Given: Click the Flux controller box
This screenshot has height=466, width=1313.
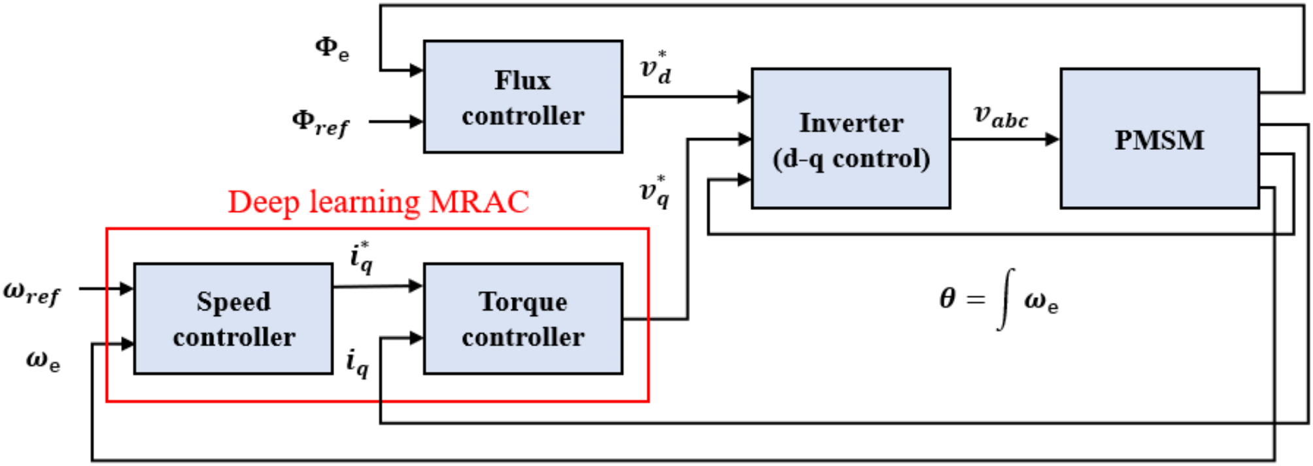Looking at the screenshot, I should [x=522, y=97].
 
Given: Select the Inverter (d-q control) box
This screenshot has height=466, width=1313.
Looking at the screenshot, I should [x=850, y=139].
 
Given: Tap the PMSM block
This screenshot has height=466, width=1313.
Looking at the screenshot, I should [x=1159, y=139].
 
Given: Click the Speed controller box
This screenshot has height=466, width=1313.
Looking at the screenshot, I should [x=233, y=319].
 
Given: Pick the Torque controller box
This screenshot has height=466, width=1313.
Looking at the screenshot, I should [x=522, y=319].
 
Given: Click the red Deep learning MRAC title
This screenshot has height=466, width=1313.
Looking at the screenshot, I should [x=378, y=202].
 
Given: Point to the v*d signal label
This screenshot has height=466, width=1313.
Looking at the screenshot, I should [x=655, y=67].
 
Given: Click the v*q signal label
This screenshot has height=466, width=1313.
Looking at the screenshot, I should [x=655, y=191].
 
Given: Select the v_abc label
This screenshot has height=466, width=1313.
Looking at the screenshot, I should [x=1000, y=116].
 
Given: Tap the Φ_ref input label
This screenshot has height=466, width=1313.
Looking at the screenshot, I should [x=320, y=122].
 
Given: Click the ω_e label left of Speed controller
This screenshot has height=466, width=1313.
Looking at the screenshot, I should [x=43, y=360].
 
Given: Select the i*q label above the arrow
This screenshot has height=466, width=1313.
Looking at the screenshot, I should [x=362, y=257].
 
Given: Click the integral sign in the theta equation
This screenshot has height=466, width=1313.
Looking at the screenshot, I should [x=1006, y=299].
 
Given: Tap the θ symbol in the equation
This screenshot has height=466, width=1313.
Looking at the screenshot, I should [x=947, y=298].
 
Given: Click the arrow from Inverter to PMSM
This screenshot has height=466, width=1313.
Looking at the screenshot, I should [x=1004, y=139].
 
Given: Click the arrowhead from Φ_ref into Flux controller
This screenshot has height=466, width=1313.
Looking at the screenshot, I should [x=415, y=121].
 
